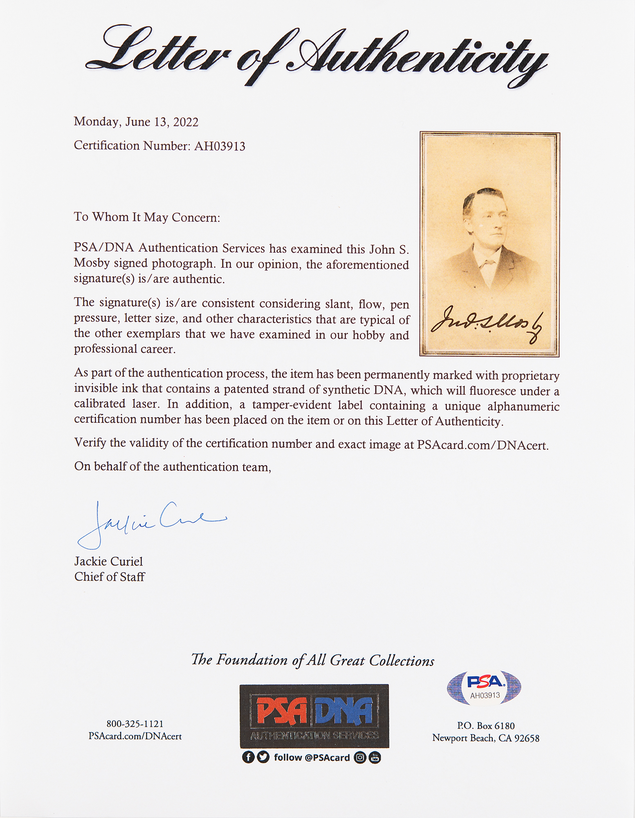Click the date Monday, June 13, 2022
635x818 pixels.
(136, 122)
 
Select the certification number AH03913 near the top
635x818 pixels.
(220, 146)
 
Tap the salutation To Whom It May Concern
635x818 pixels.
(147, 217)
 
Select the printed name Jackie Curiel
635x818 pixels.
(108, 561)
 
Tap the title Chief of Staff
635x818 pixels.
(109, 577)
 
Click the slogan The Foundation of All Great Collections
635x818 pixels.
(313, 660)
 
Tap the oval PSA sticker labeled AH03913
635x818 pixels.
(485, 688)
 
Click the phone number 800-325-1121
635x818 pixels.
(135, 724)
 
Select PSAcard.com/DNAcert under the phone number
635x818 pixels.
(135, 736)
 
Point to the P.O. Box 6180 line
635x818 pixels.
(486, 726)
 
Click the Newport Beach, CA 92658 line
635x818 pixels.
(486, 738)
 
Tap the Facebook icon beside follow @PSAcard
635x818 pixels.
(248, 757)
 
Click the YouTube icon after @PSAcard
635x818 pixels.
(375, 757)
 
